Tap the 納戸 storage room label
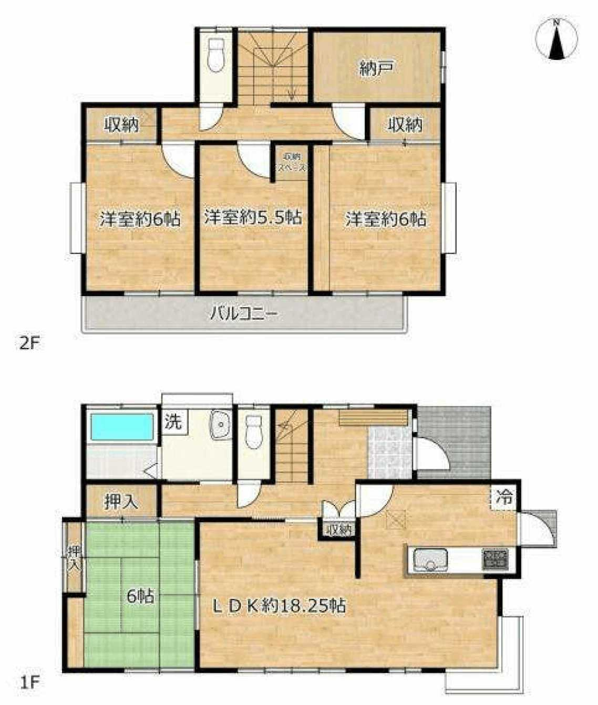[377, 68]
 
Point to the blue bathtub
[121, 427]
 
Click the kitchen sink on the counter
[430, 560]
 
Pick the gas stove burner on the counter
[496, 557]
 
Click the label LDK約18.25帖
[279, 606]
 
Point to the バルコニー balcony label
[244, 314]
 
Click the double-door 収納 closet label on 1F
[338, 530]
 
